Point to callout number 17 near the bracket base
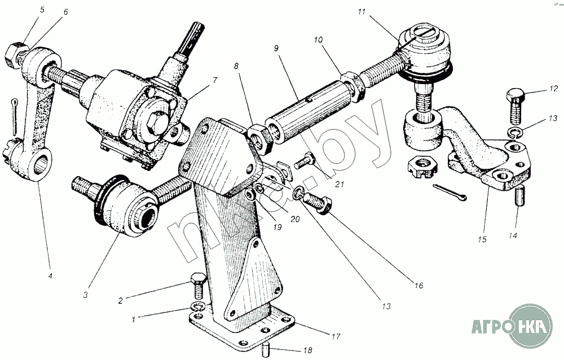pyautogui.click(x=336, y=337)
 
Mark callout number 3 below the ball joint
pyautogui.click(x=86, y=295)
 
